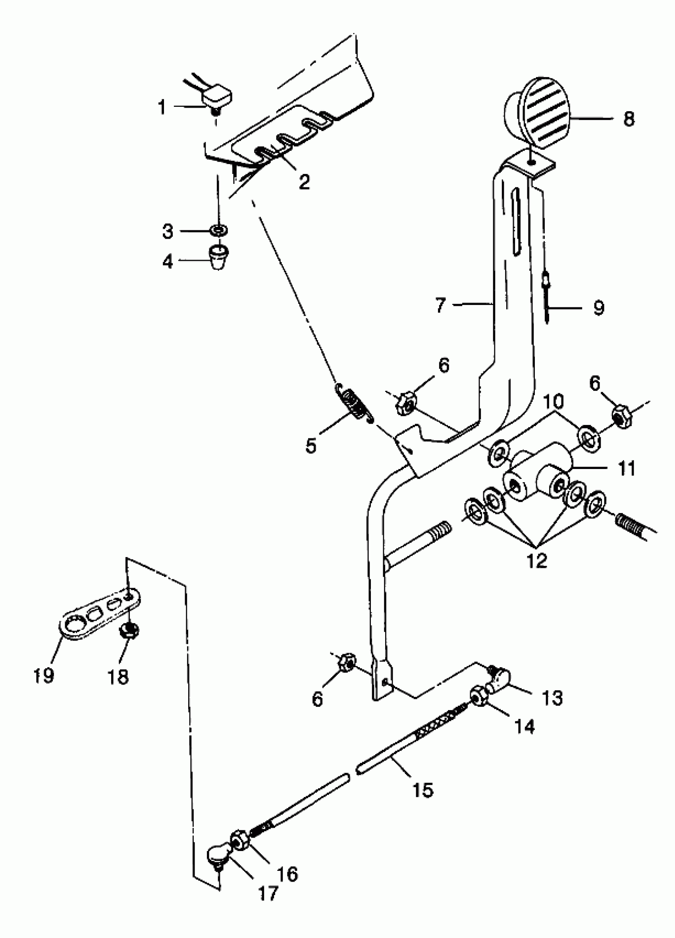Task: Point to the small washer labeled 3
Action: (218, 230)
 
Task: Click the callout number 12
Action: (537, 561)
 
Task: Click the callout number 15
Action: (423, 790)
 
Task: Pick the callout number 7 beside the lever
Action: (440, 305)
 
